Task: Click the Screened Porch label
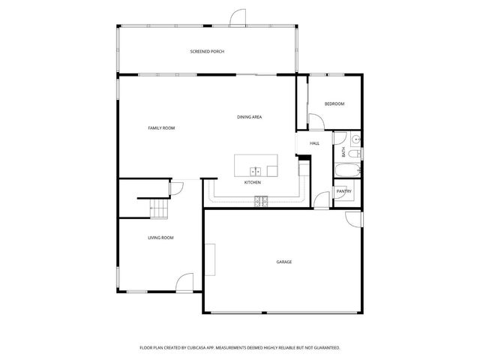click(x=207, y=51)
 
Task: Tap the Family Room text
click(x=161, y=128)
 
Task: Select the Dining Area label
click(x=249, y=117)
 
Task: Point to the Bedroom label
click(x=334, y=103)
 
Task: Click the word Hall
click(x=314, y=142)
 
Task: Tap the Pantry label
click(x=343, y=191)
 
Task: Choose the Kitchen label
click(x=253, y=183)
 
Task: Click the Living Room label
click(x=160, y=238)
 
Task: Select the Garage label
click(x=283, y=262)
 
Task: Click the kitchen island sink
click(x=256, y=170)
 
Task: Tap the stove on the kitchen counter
click(x=260, y=200)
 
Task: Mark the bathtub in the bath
click(x=347, y=170)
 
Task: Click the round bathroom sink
click(x=357, y=139)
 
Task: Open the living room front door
click(x=182, y=283)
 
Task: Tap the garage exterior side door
click(x=352, y=218)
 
